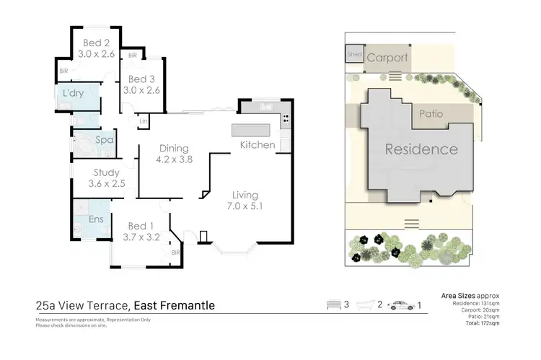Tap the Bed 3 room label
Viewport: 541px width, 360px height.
pyautogui.click(x=144, y=79)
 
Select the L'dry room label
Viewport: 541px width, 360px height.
pyautogui.click(x=74, y=94)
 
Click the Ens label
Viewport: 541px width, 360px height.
pyautogui.click(x=95, y=219)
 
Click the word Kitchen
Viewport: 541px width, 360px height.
pyautogui.click(x=258, y=145)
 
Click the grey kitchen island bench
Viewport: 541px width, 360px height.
pyautogui.click(x=250, y=131)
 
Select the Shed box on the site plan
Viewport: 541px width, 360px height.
pyautogui.click(x=354, y=55)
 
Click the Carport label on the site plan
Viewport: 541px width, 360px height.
pyautogui.click(x=387, y=58)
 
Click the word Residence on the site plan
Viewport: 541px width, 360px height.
pyautogui.click(x=421, y=150)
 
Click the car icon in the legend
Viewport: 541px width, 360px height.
pyautogui.click(x=401, y=305)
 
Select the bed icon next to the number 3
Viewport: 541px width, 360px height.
pyautogui.click(x=333, y=305)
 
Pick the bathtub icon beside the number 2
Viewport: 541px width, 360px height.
pyautogui.click(x=367, y=305)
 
